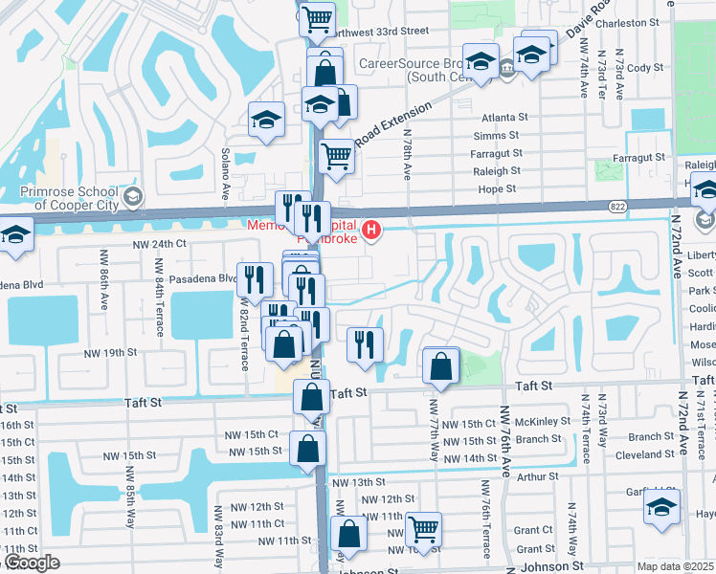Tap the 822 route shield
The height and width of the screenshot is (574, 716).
tap(618, 206)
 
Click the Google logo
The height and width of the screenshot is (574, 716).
tap(31, 563)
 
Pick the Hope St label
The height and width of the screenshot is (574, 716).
tap(498, 189)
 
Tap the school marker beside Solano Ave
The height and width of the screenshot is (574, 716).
tap(266, 121)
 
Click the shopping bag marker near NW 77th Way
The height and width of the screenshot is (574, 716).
tap(439, 364)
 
